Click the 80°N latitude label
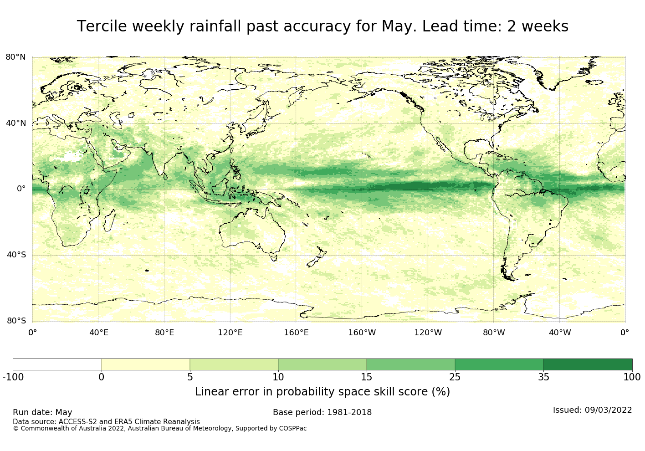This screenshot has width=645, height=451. [15, 57]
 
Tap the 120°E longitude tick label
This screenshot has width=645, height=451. [230, 333]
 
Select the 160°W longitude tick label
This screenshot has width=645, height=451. [362, 333]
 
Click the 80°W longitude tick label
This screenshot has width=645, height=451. [494, 333]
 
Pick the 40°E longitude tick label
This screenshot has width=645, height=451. [98, 333]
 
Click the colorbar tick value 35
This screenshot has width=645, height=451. [543, 377]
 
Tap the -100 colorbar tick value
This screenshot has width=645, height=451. [13, 377]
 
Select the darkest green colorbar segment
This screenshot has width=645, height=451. [588, 364]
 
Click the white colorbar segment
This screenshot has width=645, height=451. [57, 364]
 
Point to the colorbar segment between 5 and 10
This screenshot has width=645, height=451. [234, 364]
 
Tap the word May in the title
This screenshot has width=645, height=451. [396, 27]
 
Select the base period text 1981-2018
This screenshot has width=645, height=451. [348, 412]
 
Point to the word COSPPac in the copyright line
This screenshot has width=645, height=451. [292, 429]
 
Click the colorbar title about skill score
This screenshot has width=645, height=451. [322, 392]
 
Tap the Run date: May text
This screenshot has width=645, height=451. [42, 412]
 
